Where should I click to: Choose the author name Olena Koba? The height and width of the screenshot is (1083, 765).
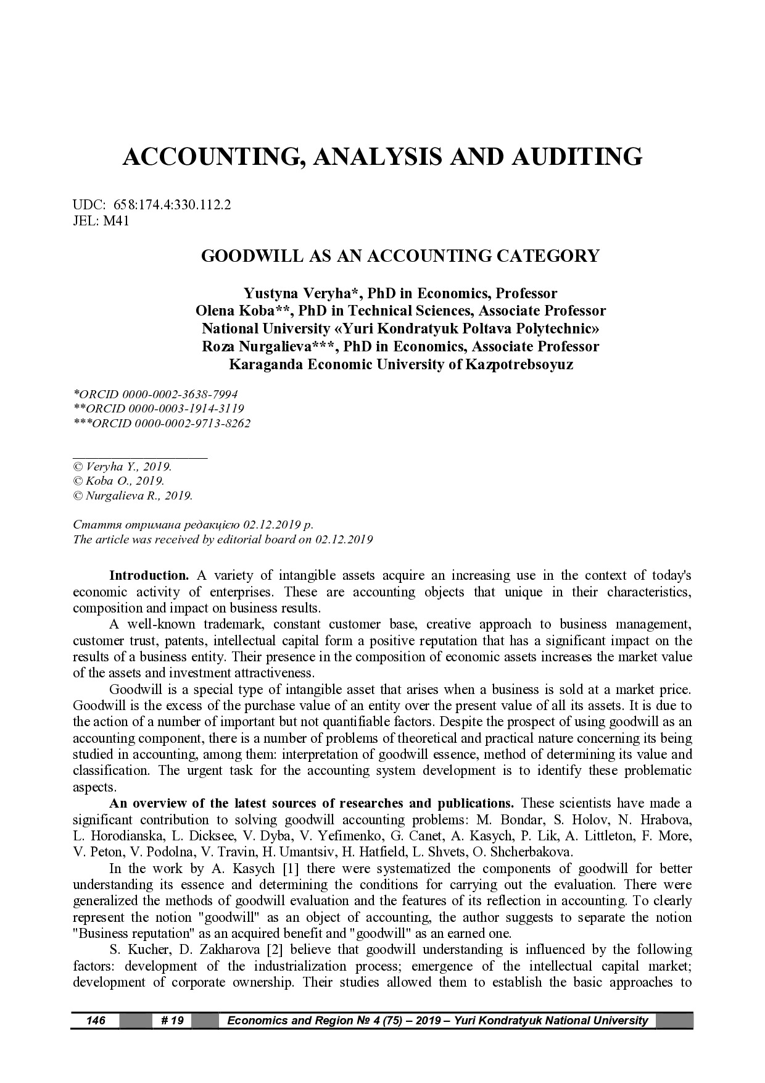(234, 311)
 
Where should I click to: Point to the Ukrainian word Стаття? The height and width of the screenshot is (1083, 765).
(90, 525)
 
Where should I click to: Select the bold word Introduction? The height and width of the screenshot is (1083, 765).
(149, 575)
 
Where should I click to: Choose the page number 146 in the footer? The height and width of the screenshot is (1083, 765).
(96, 1021)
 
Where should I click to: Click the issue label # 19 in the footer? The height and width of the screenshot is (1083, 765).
(172, 1021)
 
